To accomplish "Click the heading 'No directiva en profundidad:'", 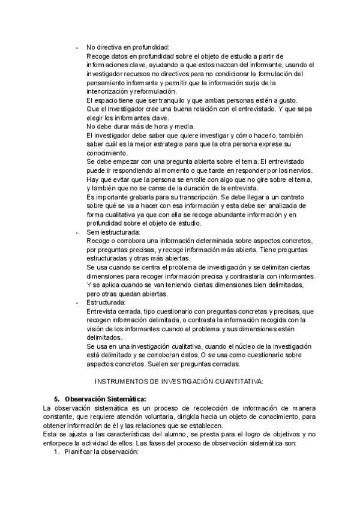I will (128, 47).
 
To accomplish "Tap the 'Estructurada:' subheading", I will (106, 303).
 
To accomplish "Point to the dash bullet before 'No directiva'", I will (76, 47).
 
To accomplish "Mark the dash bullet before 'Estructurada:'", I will (76, 303).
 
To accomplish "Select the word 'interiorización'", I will (109, 91).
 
